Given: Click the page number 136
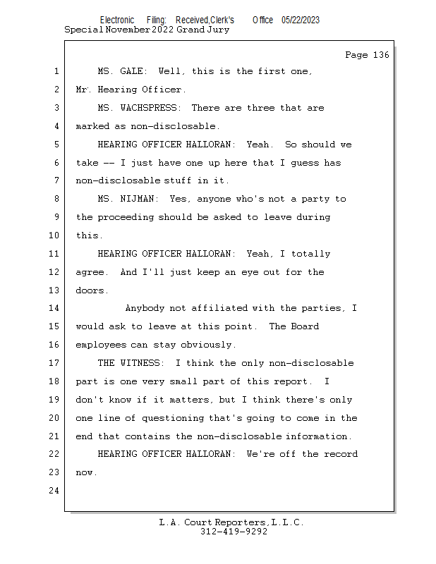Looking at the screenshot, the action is tap(381, 55).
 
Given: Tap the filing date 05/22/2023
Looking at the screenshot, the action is tap(301, 20).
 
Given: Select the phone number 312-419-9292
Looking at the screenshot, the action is tap(234, 532).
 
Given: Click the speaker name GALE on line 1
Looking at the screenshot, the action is tap(132, 71).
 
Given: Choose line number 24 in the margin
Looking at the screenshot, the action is tap(54, 490).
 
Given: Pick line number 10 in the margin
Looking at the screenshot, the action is tap(54, 235).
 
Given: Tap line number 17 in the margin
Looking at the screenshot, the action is tap(54, 362).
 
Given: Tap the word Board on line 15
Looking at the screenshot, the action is tap(305, 326).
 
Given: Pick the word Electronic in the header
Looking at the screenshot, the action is tap(117, 20).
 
